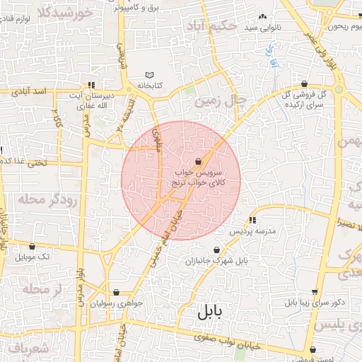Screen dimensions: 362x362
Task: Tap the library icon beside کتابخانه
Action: point(149,75)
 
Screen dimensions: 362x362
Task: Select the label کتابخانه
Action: point(149,86)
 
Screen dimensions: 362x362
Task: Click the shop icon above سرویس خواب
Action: point(207,162)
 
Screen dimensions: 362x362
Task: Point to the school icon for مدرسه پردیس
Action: point(253,221)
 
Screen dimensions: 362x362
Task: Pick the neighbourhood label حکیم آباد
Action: point(210,26)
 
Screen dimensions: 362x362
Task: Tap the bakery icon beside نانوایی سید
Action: point(263,16)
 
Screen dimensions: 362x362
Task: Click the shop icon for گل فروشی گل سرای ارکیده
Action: point(304,83)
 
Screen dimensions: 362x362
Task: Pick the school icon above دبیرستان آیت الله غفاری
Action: point(90,84)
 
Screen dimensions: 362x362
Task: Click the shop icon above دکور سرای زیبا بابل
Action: point(314,292)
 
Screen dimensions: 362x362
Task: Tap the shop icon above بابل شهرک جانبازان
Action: point(227,250)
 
